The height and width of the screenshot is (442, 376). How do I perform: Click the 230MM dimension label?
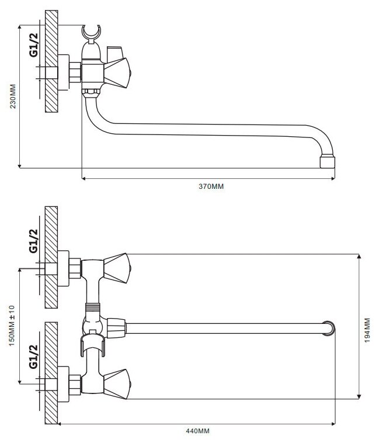pyautogui.click(x=13, y=96)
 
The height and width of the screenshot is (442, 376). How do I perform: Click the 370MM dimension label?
pyautogui.click(x=211, y=187)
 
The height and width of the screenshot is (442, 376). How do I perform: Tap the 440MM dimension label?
pyautogui.click(x=197, y=431)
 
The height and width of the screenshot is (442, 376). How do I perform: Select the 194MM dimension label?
pyautogui.click(x=367, y=330)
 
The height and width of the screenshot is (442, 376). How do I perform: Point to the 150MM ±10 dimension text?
pyautogui.click(x=12, y=326)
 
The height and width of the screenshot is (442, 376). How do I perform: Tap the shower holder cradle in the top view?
pyautogui.click(x=92, y=32)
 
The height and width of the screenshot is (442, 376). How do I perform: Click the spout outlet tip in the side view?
pyautogui.click(x=328, y=162)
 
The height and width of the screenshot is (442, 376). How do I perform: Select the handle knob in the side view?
pyautogui.click(x=117, y=72)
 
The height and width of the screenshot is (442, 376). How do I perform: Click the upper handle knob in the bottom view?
pyautogui.click(x=117, y=268)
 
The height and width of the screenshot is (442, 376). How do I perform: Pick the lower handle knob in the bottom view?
pyautogui.click(x=117, y=384)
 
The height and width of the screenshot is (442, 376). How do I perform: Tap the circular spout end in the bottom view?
pyautogui.click(x=329, y=329)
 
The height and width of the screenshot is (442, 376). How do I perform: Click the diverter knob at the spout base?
pyautogui.click(x=116, y=328)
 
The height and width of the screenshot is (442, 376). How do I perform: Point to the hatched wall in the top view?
pyautogui.click(x=51, y=61)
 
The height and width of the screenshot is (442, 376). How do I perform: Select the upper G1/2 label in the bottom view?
pyautogui.click(x=33, y=241)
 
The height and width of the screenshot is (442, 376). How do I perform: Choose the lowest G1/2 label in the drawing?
pyautogui.click(x=33, y=356)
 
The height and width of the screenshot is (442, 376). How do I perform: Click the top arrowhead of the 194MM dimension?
pyautogui.click(x=359, y=256)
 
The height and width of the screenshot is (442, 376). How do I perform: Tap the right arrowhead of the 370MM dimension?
pyautogui.click(x=333, y=178)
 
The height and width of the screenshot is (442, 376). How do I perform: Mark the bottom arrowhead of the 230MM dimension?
pyautogui.click(x=19, y=166)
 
